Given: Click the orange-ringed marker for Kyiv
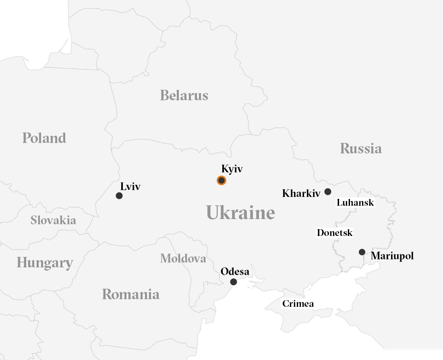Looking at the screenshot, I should pos(221,180).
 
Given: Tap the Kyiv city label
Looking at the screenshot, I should pos(232,169).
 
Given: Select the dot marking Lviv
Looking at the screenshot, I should pos(119,196).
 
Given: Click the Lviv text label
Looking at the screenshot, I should pos(130,186).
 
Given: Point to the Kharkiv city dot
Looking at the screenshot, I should pos(328,192).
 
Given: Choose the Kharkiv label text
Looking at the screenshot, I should pos(301,193).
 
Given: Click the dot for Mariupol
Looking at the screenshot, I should pos(362,252).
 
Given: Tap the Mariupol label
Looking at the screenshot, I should pos(392,256).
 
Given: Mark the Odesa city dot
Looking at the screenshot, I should pos(233,282).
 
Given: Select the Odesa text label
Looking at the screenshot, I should pos(235,272).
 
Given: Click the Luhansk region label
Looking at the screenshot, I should pos(355,203).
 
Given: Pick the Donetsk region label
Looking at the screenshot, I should pos(335,233).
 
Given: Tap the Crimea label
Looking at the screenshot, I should pos(298,304).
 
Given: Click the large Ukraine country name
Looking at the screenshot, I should pos(240,212).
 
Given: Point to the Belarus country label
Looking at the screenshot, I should pos(184,95).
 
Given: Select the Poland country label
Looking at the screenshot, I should pos(44,138).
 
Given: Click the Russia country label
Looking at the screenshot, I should pos(361,148).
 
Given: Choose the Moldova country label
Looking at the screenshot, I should pos(183,258).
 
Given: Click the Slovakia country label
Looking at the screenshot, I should pos(53,220).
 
